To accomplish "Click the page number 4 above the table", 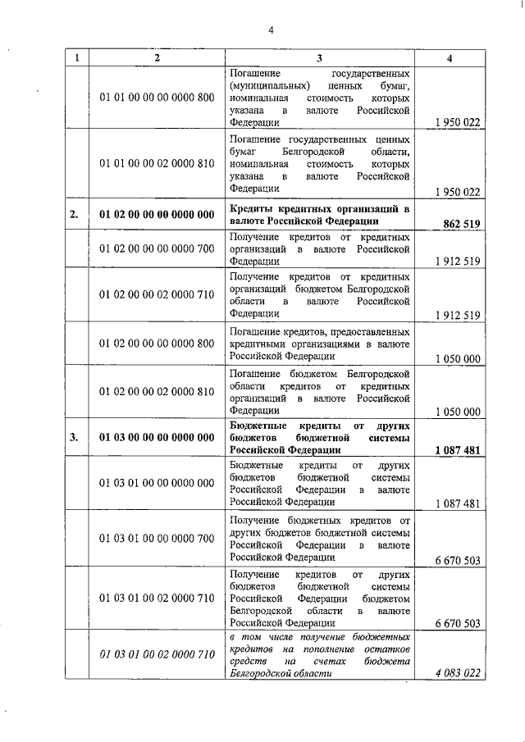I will [x=270, y=31].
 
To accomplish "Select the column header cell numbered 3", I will [x=319, y=58].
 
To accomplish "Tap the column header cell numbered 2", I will [x=157, y=58].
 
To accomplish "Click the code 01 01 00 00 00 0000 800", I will [x=157, y=98].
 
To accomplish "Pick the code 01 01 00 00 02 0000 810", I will [x=157, y=164].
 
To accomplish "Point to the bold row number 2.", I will [x=75, y=216].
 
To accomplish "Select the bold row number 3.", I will [x=75, y=437].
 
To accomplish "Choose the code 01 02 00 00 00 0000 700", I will [x=157, y=248].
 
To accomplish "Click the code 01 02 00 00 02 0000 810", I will [x=157, y=392].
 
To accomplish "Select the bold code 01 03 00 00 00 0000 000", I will [x=157, y=437].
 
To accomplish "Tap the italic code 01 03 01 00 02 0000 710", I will [x=157, y=653].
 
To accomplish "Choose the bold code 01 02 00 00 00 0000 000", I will [x=157, y=216].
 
